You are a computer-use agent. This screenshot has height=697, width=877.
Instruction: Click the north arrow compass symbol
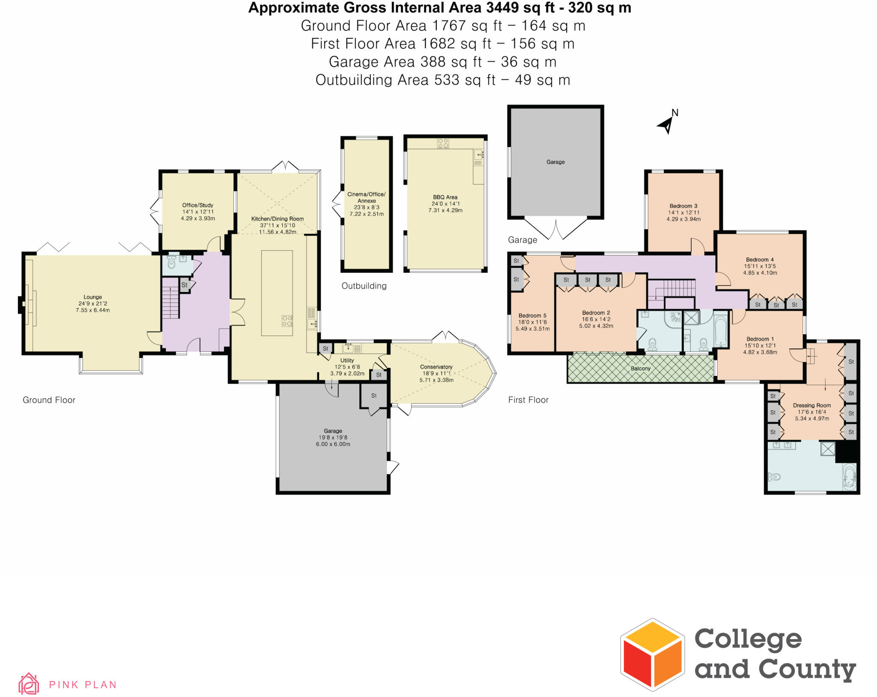[666, 124]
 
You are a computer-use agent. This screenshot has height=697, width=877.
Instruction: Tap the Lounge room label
[92, 297]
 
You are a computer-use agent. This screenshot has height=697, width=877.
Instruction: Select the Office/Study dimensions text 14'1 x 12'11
[197, 211]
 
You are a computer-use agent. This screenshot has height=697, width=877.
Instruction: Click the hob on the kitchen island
[287, 321]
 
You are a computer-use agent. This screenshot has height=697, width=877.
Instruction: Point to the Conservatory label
[436, 367]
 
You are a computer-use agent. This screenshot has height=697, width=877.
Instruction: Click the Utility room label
[347, 360]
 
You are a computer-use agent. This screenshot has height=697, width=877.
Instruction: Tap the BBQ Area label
[445, 197]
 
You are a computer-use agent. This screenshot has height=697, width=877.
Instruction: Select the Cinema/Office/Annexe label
[366, 197]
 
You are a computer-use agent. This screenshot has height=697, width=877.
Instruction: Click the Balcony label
[640, 368]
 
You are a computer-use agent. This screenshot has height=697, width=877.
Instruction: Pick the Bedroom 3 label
[683, 206]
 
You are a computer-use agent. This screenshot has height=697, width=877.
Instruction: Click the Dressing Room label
[811, 405]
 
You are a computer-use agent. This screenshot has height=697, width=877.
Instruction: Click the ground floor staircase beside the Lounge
[170, 298]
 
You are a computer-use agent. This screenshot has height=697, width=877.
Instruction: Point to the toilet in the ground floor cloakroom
[172, 262]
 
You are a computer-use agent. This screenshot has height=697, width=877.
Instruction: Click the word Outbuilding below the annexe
[364, 286]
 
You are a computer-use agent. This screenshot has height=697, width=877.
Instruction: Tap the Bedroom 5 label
[532, 316]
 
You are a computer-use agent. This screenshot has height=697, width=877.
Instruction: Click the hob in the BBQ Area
[443, 143]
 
